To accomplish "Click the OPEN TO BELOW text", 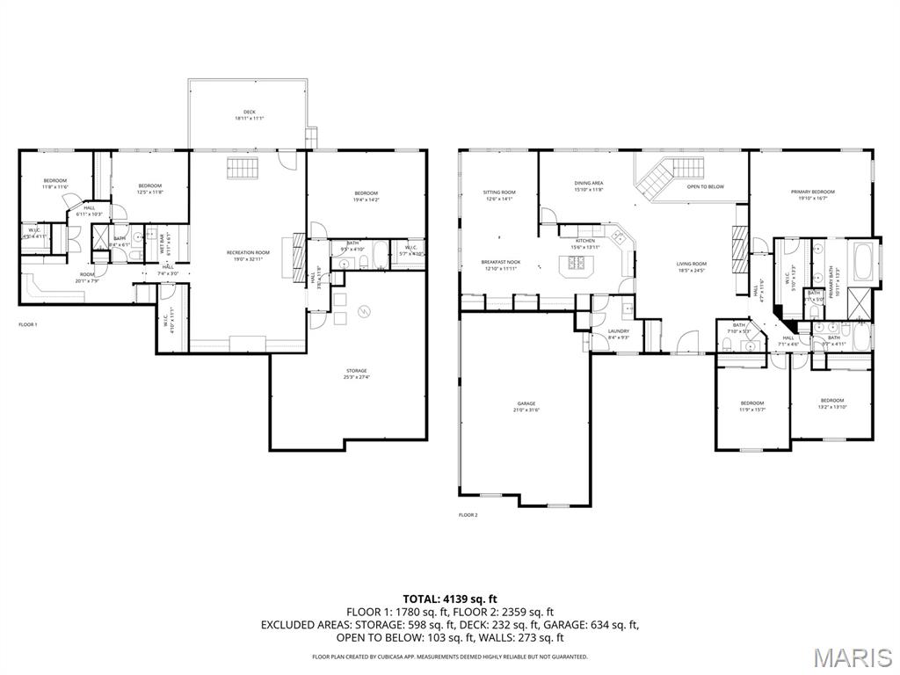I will pos(705,186).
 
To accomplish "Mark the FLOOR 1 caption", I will pos(28,324).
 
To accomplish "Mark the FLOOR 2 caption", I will pos(468,515).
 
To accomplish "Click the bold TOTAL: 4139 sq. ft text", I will pos(450,599).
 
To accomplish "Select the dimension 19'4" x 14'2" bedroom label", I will pos(366,196).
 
